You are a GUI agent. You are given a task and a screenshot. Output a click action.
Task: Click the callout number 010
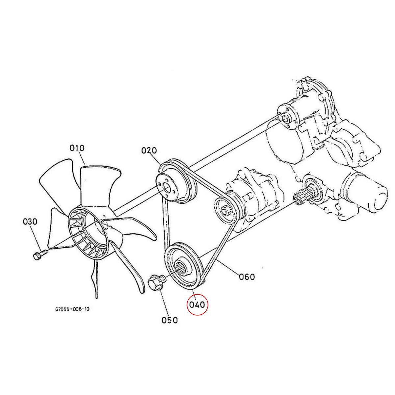click(77, 148)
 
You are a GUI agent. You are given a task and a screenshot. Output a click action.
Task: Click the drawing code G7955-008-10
click(72, 309)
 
